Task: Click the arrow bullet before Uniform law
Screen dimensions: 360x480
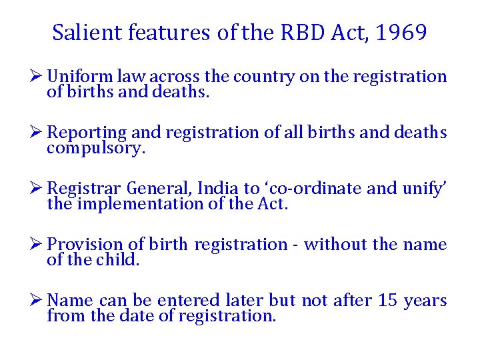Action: click(x=38, y=77)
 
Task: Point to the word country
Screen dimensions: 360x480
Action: click(x=265, y=77)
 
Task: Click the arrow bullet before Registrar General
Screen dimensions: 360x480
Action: click(x=38, y=189)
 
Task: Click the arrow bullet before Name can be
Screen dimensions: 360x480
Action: click(x=38, y=301)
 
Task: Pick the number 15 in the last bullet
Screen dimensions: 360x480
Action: click(x=388, y=301)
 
